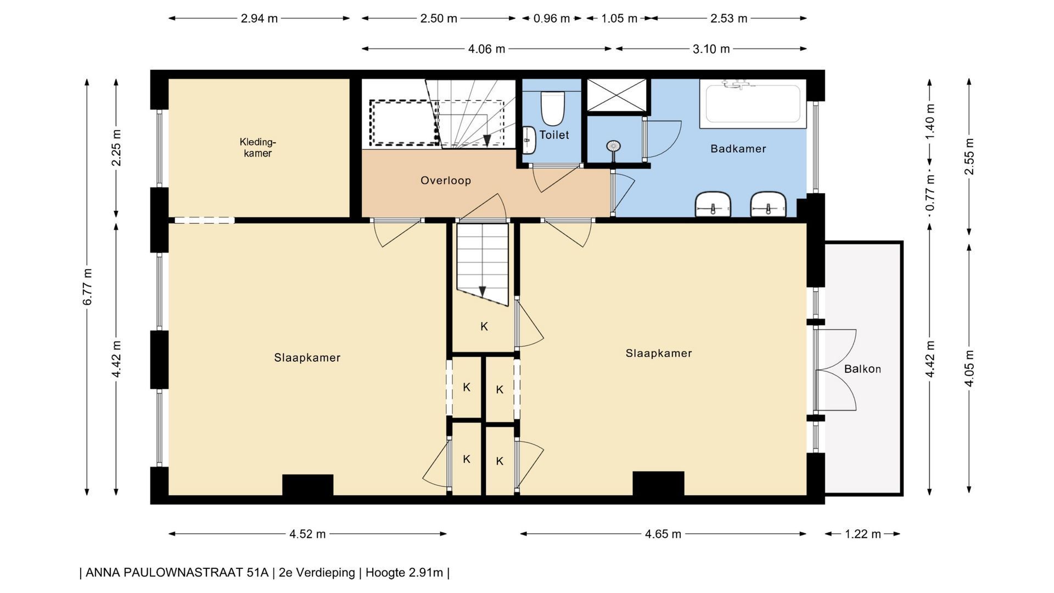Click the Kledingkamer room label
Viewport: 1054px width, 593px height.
pos(257,148)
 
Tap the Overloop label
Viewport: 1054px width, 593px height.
pos(446,181)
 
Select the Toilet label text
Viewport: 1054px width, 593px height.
pos(554,135)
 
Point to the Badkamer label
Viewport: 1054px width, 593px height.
pos(738,149)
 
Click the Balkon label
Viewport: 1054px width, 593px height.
pos(862,369)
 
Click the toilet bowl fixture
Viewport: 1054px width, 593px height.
pos(552,108)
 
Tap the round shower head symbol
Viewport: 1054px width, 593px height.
pos(613,146)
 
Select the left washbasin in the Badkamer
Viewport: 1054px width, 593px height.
pos(713,204)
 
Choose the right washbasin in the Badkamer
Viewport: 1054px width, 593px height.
pos(768,204)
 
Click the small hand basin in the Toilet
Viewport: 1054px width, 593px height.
pos(529,140)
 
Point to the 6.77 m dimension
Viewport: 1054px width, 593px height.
pos(87,287)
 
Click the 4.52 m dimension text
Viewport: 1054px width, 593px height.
pos(307,534)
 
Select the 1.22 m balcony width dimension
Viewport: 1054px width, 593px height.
pos(863,534)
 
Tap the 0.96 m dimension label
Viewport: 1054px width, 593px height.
pos(552,19)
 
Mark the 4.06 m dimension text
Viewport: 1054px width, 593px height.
pos(486,49)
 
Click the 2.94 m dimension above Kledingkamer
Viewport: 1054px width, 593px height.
pos(259,19)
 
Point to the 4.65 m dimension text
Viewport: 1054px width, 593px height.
pos(663,534)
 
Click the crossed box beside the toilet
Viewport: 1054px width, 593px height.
pos(617,96)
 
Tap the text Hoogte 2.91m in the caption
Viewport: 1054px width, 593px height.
pos(404,573)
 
